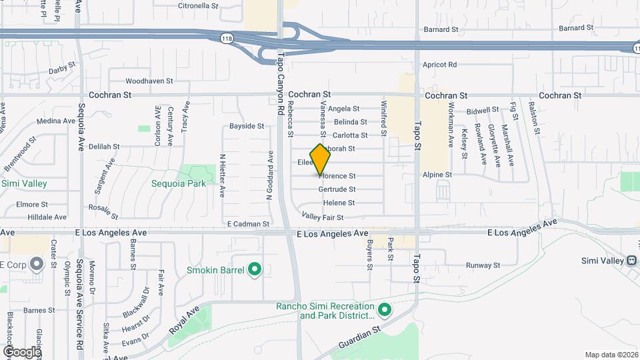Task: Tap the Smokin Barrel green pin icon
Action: pos(254,270)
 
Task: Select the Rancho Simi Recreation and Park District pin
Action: pos(384,310)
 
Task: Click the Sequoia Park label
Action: pos(179,183)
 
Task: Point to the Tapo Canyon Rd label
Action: pos(281,80)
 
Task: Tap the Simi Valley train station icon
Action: pos(631,260)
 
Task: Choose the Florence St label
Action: pos(337,176)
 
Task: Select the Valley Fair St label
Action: pos(323,217)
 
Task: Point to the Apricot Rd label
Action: pos(439,65)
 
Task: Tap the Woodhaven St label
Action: pos(149,81)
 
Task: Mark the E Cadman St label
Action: pos(248,224)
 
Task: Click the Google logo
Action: pos(22,351)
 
